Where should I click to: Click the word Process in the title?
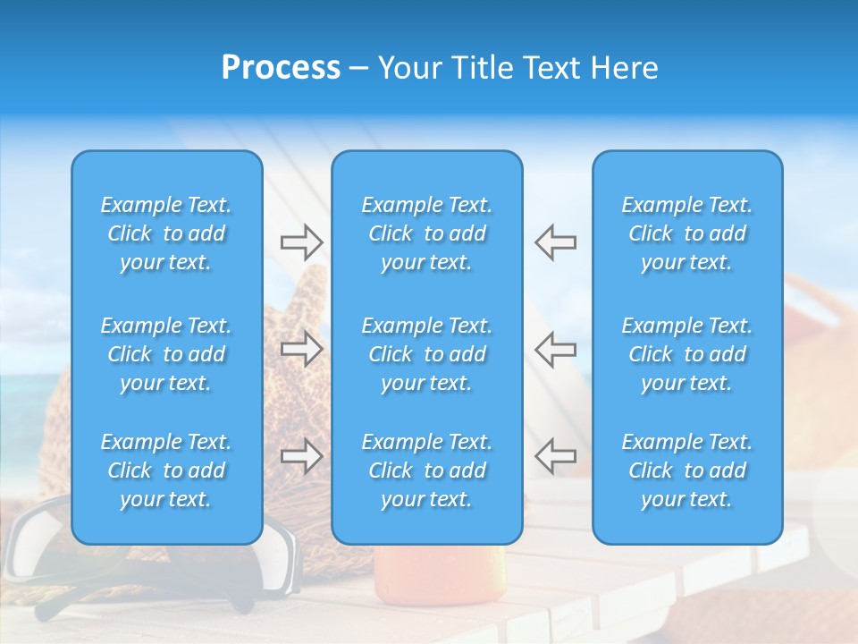281,68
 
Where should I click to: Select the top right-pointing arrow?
301,241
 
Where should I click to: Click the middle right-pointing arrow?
301,349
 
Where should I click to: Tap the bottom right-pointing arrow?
301,456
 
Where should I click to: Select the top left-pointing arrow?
555,241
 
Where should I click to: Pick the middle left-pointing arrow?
555,349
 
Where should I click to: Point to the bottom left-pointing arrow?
555,456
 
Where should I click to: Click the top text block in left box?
166,233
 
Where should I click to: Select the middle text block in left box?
166,354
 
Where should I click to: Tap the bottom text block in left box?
166,470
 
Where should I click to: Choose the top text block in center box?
427,233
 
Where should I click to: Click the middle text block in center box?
427,354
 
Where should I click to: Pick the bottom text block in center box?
427,470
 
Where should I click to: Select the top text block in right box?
687,233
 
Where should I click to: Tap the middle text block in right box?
687,354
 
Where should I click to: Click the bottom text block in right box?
687,470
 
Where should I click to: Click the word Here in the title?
624,68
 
